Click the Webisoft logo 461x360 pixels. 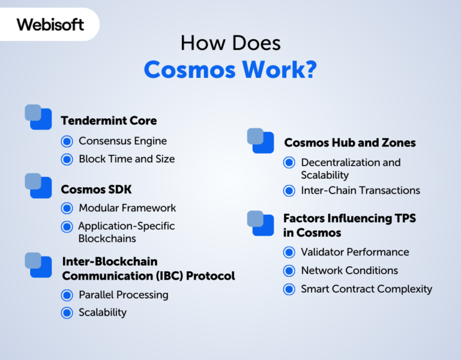(x=50, y=25)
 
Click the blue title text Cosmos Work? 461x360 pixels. (x=230, y=70)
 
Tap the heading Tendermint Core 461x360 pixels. (x=109, y=121)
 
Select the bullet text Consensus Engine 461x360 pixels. (x=122, y=141)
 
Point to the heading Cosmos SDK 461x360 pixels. (x=96, y=190)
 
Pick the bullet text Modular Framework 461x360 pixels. (x=127, y=208)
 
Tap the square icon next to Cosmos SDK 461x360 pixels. (x=38, y=185)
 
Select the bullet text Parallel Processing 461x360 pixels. (x=123, y=295)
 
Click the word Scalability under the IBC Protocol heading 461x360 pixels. (x=102, y=312)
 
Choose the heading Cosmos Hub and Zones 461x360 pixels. (x=350, y=143)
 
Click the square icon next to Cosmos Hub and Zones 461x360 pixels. (x=261, y=140)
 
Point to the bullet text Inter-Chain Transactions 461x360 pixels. (x=360, y=190)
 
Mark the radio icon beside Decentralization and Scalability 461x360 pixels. (x=289, y=163)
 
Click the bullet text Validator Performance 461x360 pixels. (x=355, y=252)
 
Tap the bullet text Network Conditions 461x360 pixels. (x=349, y=270)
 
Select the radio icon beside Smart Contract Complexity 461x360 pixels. (x=289, y=289)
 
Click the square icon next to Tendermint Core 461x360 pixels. (x=38, y=117)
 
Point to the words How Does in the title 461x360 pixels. (x=230, y=43)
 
